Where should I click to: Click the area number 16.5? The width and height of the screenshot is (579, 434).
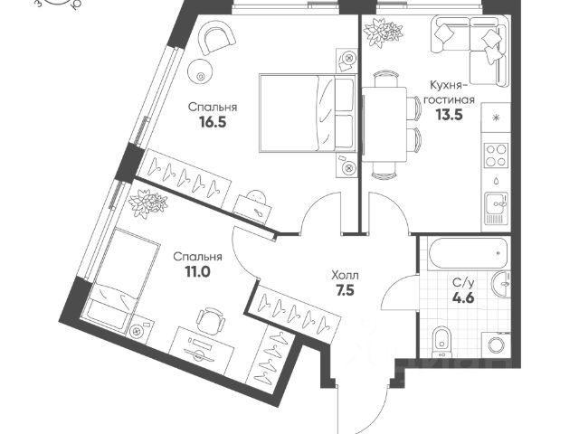207,124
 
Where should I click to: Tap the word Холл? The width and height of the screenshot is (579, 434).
345,273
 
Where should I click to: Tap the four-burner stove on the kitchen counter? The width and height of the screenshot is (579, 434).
495,156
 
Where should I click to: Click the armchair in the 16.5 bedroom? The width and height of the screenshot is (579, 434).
215,39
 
